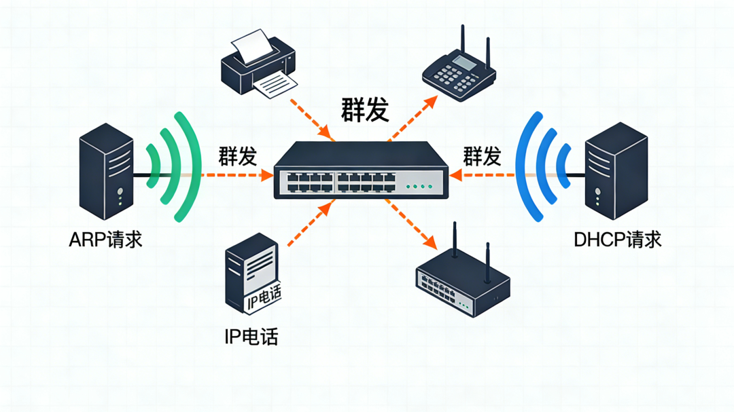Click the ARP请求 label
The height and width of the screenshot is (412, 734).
(x=105, y=240)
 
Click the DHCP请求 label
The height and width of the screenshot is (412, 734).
(x=617, y=240)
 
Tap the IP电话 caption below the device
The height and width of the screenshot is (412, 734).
(x=251, y=336)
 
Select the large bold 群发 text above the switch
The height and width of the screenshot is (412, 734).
(x=366, y=109)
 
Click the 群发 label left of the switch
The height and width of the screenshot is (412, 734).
(x=237, y=156)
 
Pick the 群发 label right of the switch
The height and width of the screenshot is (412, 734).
(x=482, y=156)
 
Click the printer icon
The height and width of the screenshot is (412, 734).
(x=259, y=65)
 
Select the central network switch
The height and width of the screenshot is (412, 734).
(x=361, y=170)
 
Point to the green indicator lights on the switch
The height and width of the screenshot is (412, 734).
(x=419, y=186)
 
